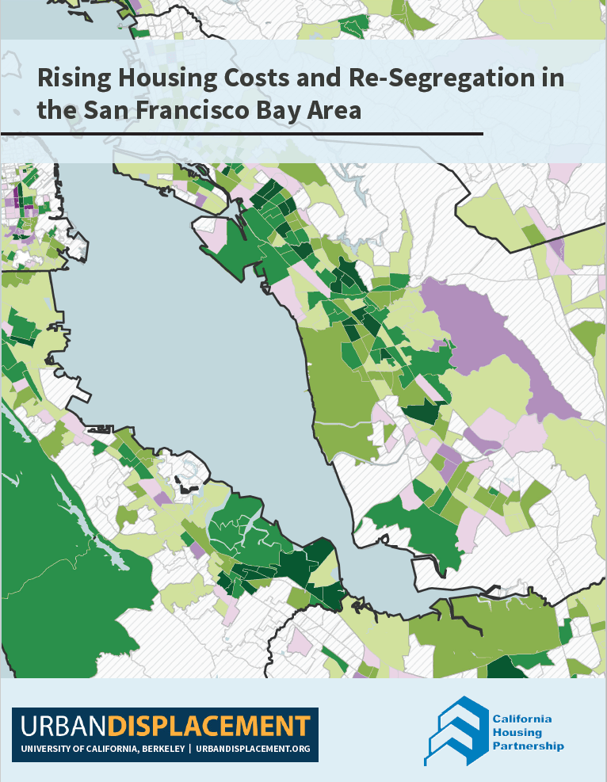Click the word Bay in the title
297,110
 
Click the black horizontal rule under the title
242,134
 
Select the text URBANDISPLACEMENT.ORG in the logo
253,749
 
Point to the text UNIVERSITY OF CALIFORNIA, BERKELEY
102,749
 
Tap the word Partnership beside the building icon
528,746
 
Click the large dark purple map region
491,333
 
